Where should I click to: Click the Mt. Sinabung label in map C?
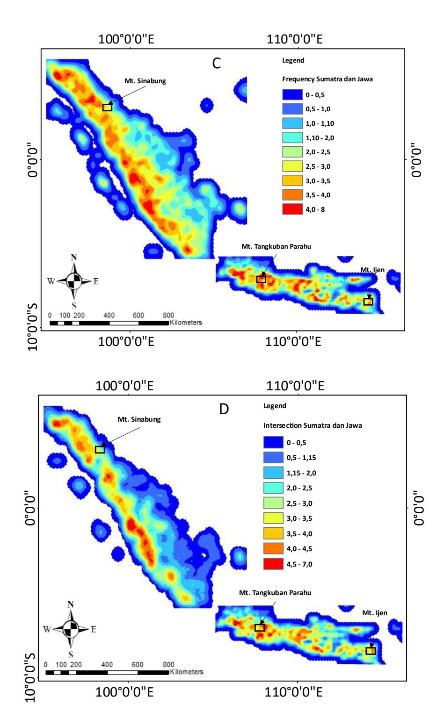coord(145,81)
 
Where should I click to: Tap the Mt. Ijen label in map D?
coord(375,613)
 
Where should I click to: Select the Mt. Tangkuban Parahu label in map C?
coord(277,247)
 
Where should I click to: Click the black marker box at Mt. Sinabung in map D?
coord(100,450)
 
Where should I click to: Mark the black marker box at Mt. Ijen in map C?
coord(368,302)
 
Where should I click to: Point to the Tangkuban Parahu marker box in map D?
coord(260,628)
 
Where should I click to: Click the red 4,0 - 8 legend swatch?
coord(292,209)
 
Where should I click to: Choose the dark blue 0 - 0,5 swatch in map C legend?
coord(292,94)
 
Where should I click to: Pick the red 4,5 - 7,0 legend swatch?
coord(273,564)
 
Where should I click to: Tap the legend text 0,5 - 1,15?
coord(301,458)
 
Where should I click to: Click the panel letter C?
coord(216,63)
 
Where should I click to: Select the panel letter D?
coord(224,409)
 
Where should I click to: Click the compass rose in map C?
coord(74,280)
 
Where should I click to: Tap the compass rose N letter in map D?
coord(71,604)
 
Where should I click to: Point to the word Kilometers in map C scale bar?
coord(186,323)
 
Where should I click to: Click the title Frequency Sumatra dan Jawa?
coord(327,79)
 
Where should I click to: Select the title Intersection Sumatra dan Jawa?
coord(313,425)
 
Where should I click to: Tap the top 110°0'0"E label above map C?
coord(294,39)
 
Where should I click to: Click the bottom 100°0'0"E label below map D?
coord(124,692)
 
